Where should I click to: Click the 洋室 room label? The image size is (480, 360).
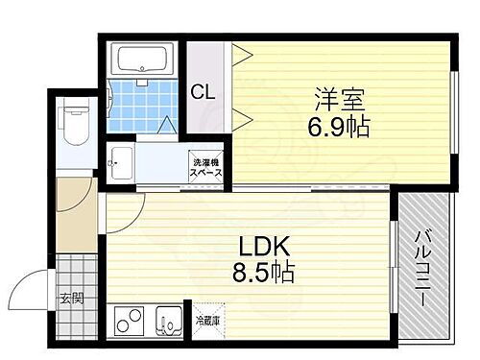(338, 98)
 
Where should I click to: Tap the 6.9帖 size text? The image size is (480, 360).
(338, 125)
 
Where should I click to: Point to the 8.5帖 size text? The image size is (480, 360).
(261, 273)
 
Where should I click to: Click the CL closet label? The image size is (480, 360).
(203, 93)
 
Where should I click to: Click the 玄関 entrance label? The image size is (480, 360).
(71, 299)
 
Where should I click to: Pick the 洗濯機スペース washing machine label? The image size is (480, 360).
(205, 169)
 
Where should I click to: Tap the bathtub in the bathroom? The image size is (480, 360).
(144, 60)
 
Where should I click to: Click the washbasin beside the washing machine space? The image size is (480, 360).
(120, 162)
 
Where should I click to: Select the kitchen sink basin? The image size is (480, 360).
(168, 320)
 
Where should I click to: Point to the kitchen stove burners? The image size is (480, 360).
(129, 320)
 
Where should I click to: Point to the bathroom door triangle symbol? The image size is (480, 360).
(168, 124)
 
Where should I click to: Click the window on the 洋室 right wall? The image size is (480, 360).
(453, 115)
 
